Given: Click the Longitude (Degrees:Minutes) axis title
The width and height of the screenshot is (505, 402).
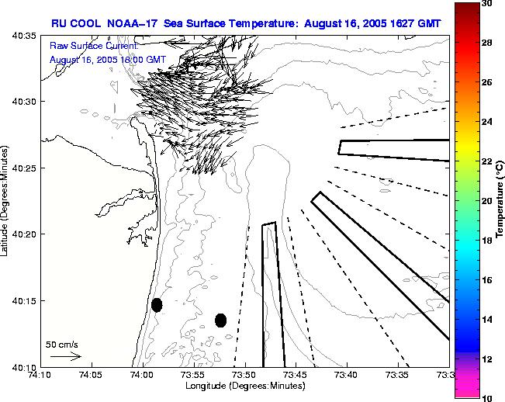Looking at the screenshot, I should click(x=244, y=386).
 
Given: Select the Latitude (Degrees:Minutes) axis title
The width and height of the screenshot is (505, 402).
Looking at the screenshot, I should click(x=6, y=200).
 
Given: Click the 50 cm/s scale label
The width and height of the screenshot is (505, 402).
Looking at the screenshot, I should click(x=62, y=344).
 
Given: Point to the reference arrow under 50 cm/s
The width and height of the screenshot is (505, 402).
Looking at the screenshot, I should click(x=65, y=356).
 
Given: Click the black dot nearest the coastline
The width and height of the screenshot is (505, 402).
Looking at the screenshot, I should click(x=157, y=305).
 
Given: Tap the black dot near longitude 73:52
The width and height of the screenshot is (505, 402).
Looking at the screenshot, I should click(x=220, y=320).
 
